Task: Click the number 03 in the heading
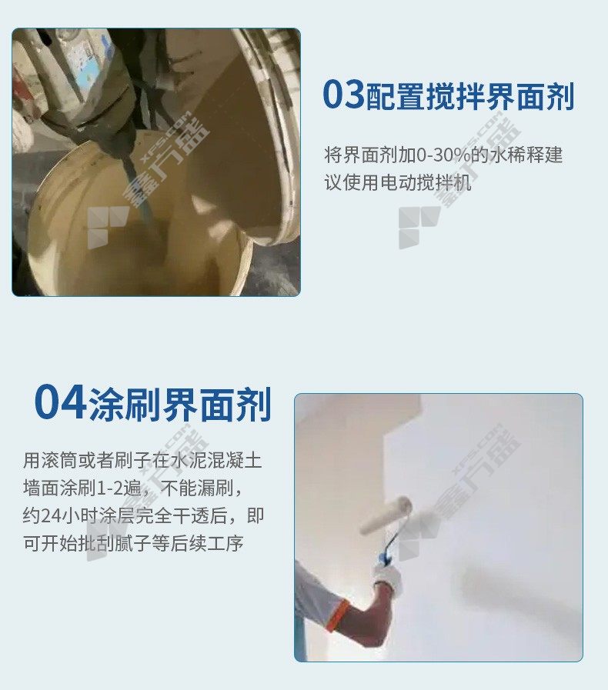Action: tap(343, 94)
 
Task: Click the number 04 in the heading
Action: tap(60, 402)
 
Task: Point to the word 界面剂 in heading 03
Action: tap(530, 95)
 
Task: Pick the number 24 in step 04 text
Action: tap(50, 515)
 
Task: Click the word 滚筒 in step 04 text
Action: tap(59, 460)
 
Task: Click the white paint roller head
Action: tap(386, 515)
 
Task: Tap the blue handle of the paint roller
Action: tap(387, 549)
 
